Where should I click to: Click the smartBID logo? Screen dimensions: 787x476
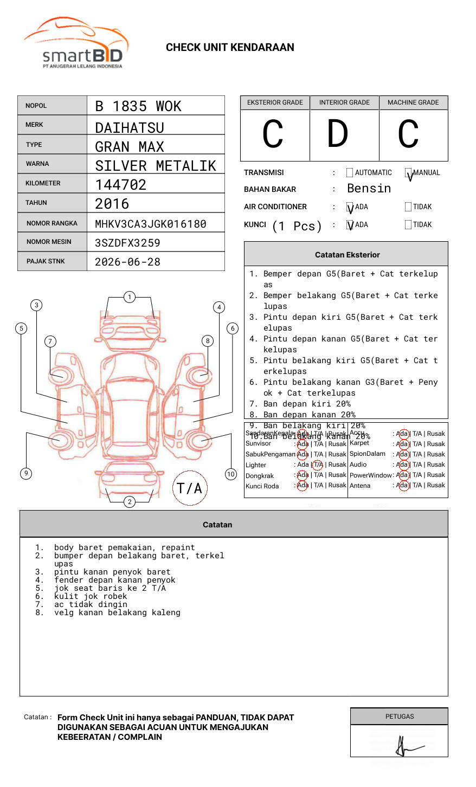tap(76, 43)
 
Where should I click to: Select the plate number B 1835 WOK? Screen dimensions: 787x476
tap(138, 106)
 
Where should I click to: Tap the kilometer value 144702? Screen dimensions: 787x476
tap(121, 185)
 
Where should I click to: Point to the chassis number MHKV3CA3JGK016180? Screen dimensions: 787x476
tap(151, 224)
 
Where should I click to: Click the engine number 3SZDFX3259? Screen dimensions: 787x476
tap(127, 243)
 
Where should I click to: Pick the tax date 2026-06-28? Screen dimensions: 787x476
tap(127, 262)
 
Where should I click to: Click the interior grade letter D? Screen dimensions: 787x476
tap(337, 134)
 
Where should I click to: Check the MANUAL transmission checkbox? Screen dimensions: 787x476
tap(409, 173)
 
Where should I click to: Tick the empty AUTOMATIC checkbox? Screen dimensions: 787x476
tap(350, 173)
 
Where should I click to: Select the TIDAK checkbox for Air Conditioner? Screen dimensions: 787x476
tap(408, 207)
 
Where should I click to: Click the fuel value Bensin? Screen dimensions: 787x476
tap(369, 188)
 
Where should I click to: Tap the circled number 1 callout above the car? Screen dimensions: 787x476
tap(129, 297)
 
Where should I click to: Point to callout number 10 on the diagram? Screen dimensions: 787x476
tap(231, 474)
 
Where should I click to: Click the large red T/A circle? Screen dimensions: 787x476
tap(190, 488)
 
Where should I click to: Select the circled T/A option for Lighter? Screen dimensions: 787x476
tap(318, 465)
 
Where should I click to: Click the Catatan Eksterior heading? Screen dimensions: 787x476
tap(347, 255)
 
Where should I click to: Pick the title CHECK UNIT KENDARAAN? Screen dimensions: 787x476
tap(230, 48)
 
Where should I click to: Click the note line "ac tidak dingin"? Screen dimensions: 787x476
tap(91, 604)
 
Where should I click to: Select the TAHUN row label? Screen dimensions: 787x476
tap(36, 203)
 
